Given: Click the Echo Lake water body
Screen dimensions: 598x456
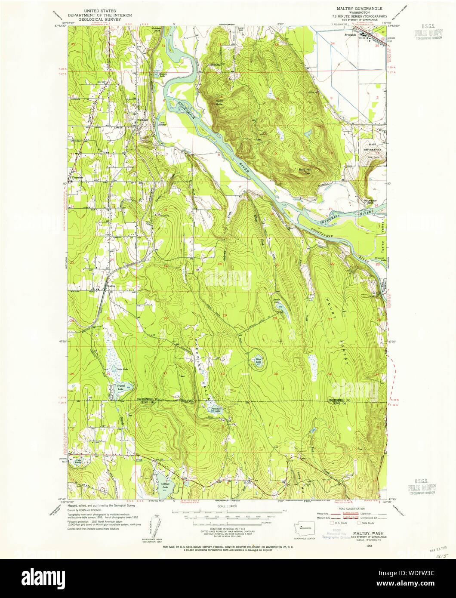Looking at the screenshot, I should point(258,362).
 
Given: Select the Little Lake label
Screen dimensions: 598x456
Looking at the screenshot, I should point(122,369).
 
